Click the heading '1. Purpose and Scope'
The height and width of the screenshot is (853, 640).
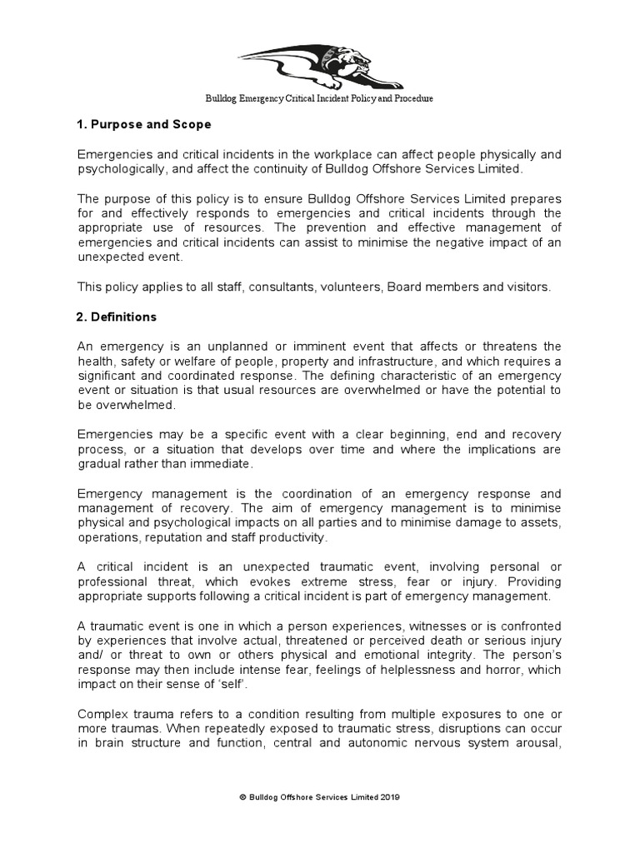pos(144,125)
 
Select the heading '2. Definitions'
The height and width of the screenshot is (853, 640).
pos(117,317)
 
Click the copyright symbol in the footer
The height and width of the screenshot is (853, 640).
pos(242,797)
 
